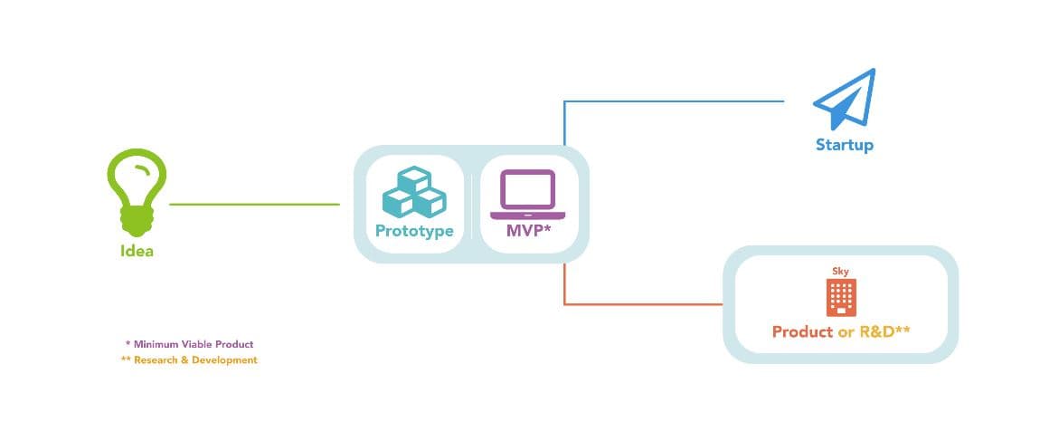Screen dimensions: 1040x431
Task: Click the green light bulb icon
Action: (x=136, y=192)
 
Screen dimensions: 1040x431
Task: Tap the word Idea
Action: (x=137, y=251)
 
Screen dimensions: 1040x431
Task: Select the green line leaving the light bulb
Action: (x=255, y=205)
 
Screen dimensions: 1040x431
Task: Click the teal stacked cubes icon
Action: (x=414, y=191)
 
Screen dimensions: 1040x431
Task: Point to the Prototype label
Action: (x=414, y=231)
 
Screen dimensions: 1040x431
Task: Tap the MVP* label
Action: (x=529, y=231)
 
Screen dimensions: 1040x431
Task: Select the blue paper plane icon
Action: (x=845, y=99)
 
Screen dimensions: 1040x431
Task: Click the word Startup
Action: (x=845, y=145)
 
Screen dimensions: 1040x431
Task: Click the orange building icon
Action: (x=841, y=297)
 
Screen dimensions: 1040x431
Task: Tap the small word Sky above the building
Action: (x=840, y=272)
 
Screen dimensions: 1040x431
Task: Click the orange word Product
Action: (x=802, y=331)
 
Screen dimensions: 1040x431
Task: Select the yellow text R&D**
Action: (x=884, y=330)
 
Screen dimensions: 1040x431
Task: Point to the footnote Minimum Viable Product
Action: (x=194, y=344)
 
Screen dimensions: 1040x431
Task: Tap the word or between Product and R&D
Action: (x=846, y=332)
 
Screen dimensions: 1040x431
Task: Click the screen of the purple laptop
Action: (x=528, y=190)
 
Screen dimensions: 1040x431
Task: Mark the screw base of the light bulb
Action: (x=137, y=222)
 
